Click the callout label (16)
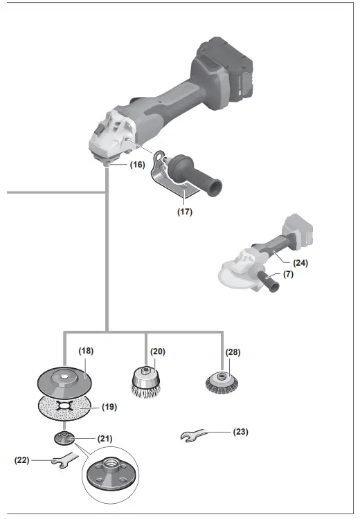pos(136,165)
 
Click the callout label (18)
pos(86,351)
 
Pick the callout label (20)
pos(158,351)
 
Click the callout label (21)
pos(105,437)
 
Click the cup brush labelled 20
pos(145,383)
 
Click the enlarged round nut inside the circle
pos(109,479)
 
